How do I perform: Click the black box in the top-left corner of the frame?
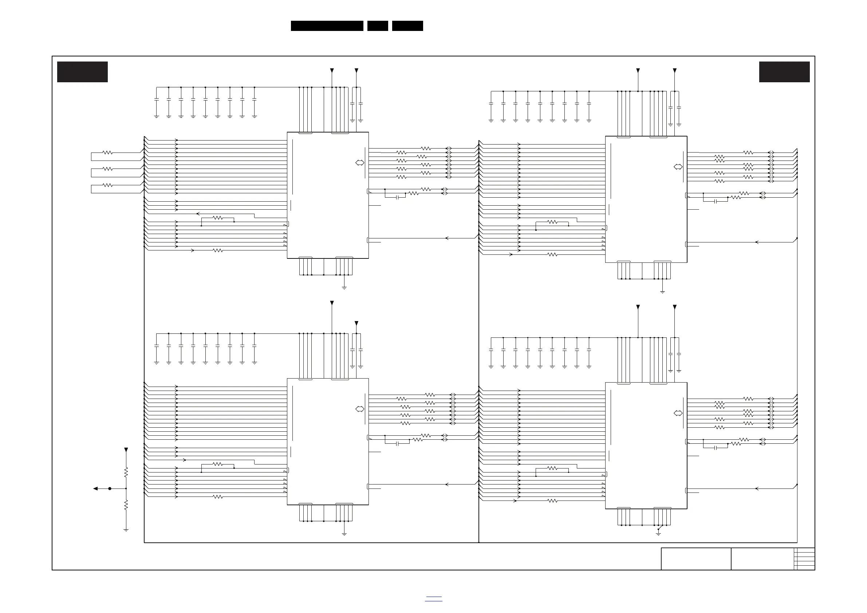click(82, 72)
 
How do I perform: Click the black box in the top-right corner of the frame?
click(784, 72)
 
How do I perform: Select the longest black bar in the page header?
click(327, 26)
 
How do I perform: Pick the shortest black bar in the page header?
click(378, 26)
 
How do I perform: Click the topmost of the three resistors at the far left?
click(108, 153)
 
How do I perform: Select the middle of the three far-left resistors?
click(108, 169)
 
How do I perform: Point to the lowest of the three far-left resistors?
click(108, 185)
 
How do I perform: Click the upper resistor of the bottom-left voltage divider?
click(126, 472)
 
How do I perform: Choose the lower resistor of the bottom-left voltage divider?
click(126, 505)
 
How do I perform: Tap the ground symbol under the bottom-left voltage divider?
click(126, 530)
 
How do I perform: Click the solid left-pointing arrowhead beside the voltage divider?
click(95, 489)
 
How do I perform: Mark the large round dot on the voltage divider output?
click(110, 489)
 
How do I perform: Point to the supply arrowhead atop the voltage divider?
click(126, 450)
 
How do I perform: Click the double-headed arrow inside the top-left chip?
click(360, 163)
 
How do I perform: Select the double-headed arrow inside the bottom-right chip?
click(678, 413)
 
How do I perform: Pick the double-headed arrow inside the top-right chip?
click(678, 167)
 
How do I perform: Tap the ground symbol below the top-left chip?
click(344, 288)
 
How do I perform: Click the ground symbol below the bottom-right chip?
click(658, 534)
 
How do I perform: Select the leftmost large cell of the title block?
click(696, 559)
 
